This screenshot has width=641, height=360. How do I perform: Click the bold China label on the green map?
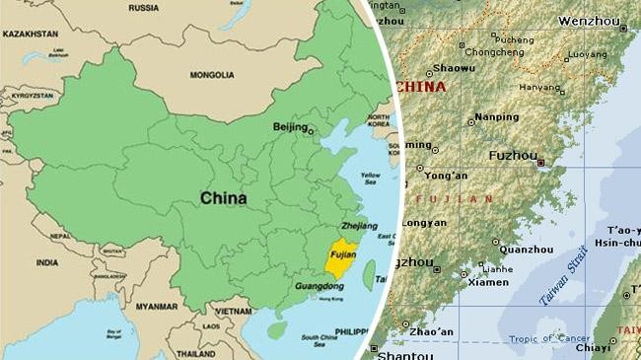pos(224,198)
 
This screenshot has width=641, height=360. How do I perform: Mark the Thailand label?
pos(195,352)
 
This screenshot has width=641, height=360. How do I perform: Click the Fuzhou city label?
pos(513,156)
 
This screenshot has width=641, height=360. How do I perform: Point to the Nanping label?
pos(496,117)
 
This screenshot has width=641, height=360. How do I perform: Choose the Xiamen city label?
pos(488,282)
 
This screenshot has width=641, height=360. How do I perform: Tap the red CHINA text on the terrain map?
pos(421,87)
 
